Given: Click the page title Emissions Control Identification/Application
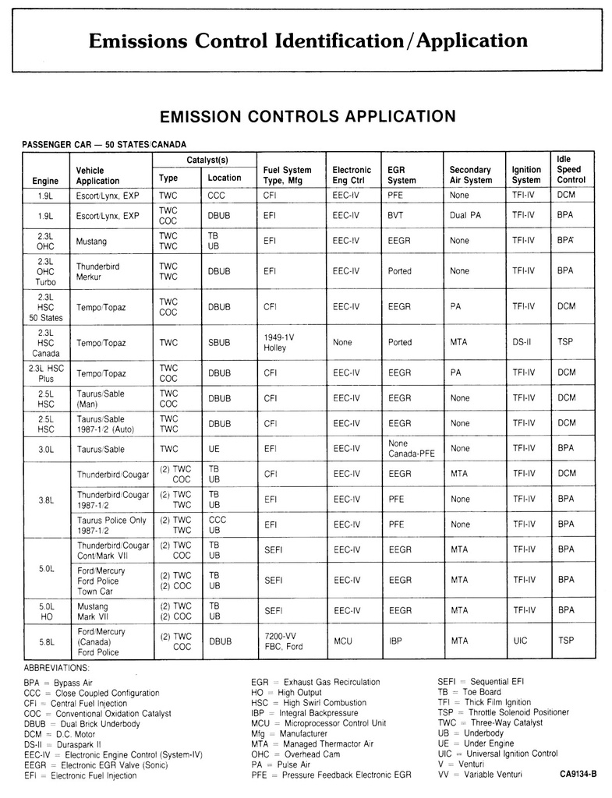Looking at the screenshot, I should point(308,40).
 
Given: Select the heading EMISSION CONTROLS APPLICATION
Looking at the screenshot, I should point(307,116).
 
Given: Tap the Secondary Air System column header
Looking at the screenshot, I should point(470,175).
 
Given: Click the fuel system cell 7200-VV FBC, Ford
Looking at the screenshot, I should point(283,641).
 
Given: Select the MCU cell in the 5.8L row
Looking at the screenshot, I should point(342,641).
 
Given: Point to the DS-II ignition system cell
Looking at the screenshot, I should point(522,342).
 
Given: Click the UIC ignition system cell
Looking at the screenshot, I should point(521,641).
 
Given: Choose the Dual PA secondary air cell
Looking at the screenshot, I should point(466,215).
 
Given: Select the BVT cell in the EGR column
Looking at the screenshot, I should point(395,215).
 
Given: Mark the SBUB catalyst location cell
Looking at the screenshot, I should point(219,342).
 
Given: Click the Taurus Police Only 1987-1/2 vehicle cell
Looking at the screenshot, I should point(111,524).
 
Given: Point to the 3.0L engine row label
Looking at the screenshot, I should point(46,449).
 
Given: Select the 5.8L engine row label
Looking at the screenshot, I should point(46,642).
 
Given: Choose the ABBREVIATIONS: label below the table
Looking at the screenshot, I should point(56,668).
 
